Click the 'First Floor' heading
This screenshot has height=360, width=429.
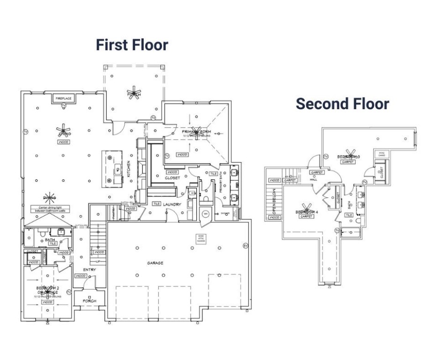click(x=132, y=45)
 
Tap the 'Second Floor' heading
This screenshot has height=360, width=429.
click(x=342, y=104)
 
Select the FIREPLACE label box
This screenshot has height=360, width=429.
click(x=63, y=98)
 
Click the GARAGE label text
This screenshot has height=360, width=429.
click(x=155, y=263)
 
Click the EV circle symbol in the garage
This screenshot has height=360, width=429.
click(x=244, y=245)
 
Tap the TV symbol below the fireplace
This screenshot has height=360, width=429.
click(x=63, y=106)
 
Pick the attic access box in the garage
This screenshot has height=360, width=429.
click(x=201, y=239)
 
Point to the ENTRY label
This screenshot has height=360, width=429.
click(x=89, y=270)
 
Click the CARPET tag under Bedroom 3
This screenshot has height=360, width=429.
click(x=347, y=162)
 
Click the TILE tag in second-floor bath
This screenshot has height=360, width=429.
click(x=349, y=215)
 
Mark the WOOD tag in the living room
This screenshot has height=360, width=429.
click(x=63, y=141)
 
